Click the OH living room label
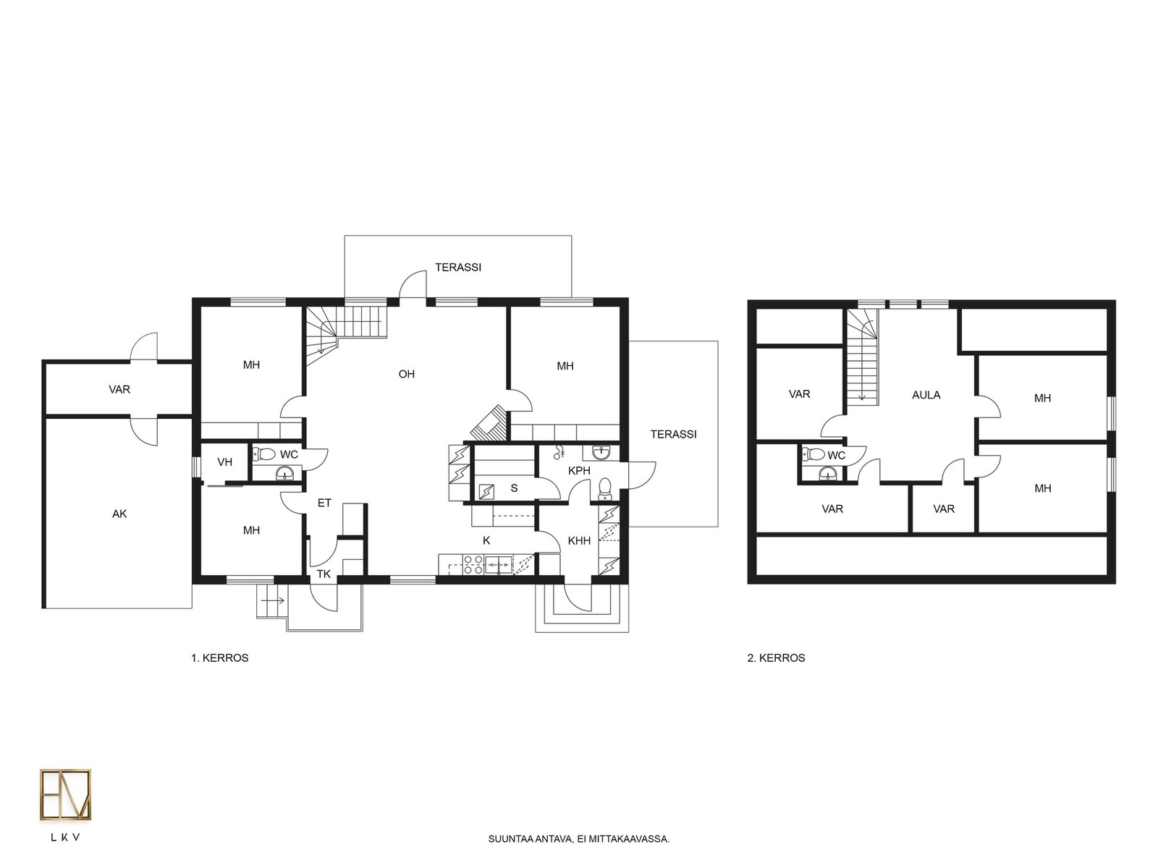pyautogui.click(x=406, y=374)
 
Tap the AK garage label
pyautogui.click(x=119, y=514)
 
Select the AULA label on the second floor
pyautogui.click(x=926, y=395)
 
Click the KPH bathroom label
pyautogui.click(x=579, y=471)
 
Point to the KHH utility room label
pyautogui.click(x=579, y=541)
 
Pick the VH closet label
pyautogui.click(x=225, y=462)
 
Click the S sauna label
pyautogui.click(x=514, y=488)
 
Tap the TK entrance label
pyautogui.click(x=324, y=574)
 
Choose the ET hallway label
pyautogui.click(x=324, y=503)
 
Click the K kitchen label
pyautogui.click(x=486, y=541)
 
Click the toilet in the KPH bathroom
pyautogui.click(x=605, y=488)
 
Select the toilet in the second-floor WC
pyautogui.click(x=813, y=454)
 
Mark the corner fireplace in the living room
pyautogui.click(x=489, y=422)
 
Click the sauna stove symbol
pyautogui.click(x=486, y=492)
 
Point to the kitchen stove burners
pyautogui.click(x=473, y=564)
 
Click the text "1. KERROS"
pyautogui.click(x=219, y=658)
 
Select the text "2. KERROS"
pyautogui.click(x=776, y=658)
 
